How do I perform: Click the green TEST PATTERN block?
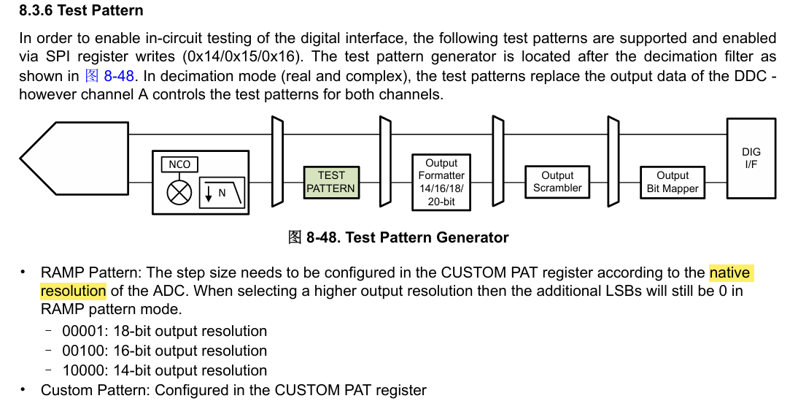point(331,182)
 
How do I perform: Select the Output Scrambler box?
point(557,181)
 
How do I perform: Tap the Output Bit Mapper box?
point(673,182)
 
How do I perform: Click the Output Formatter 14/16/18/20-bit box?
point(441,182)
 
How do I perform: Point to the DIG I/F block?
point(751,158)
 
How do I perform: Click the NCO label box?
point(179,164)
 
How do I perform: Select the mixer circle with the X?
point(179,194)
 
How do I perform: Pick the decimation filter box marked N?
point(222,192)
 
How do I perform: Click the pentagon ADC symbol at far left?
point(74,159)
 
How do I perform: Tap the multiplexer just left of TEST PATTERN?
point(277,161)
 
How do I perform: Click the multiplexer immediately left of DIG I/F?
point(613,161)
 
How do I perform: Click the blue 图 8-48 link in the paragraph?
point(109,76)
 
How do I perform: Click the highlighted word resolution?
point(73,291)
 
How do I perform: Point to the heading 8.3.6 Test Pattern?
point(81,11)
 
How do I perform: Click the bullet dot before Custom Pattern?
point(23,389)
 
